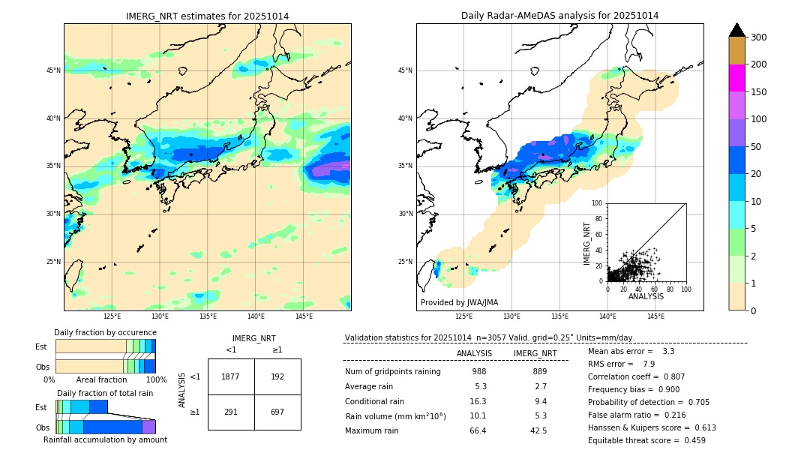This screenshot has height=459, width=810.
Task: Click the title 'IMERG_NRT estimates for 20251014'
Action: (x=207, y=16)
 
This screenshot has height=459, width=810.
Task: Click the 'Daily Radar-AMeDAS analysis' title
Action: (x=559, y=16)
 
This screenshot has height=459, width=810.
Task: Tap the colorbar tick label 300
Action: (x=758, y=37)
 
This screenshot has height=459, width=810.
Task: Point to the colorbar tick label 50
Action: (x=756, y=147)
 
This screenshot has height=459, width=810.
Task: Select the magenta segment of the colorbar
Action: (x=737, y=78)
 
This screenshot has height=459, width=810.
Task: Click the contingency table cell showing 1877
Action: (x=231, y=376)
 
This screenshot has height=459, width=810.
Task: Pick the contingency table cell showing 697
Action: (x=277, y=412)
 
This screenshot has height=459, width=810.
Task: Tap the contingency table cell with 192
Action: (x=277, y=376)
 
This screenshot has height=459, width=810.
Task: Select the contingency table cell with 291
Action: (x=231, y=412)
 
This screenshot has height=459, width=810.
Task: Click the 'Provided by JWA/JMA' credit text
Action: (x=459, y=303)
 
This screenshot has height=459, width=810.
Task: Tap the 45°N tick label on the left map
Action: (x=53, y=70)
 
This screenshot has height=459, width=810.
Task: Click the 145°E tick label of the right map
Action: (x=655, y=316)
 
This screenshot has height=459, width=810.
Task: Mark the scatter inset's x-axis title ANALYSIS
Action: (x=646, y=296)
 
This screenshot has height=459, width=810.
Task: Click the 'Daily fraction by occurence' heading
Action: (x=105, y=332)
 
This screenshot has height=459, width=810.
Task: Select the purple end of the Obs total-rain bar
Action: (x=148, y=427)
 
